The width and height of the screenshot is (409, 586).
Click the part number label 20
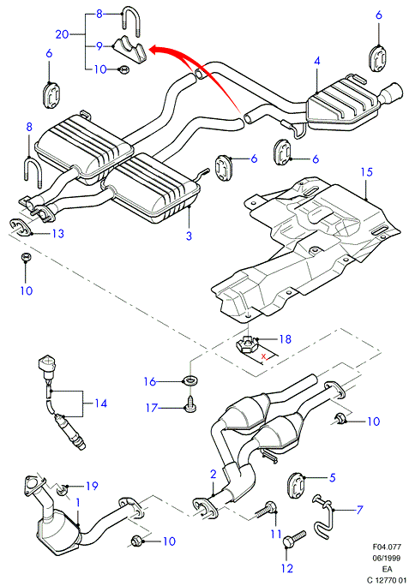click(62, 34)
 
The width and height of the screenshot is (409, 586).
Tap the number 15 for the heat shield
click(367, 172)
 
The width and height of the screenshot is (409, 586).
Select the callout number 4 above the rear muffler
click(317, 61)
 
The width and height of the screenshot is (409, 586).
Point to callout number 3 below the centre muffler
click(189, 236)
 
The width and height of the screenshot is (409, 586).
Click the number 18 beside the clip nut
click(286, 339)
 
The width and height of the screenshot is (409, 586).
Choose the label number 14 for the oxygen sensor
click(100, 404)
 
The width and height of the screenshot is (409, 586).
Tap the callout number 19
click(92, 486)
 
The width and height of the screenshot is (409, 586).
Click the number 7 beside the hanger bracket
click(359, 510)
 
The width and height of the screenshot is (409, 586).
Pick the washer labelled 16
click(189, 382)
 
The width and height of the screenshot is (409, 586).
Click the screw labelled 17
click(191, 406)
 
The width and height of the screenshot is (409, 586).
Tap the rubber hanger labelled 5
click(298, 485)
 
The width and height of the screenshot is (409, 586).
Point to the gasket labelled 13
click(21, 228)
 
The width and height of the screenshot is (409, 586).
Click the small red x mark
click(264, 356)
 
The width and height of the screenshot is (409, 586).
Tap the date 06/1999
click(387, 558)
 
